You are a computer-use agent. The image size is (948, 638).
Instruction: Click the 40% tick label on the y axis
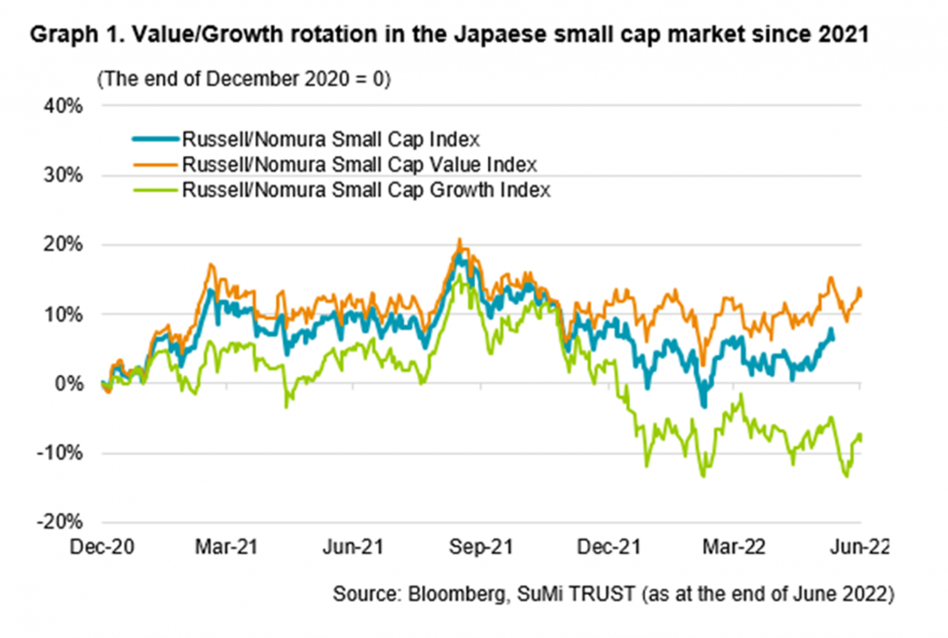point(63,106)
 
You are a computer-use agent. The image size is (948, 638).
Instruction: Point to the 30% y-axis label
point(63,176)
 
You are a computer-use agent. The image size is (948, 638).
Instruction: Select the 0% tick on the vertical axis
point(69,384)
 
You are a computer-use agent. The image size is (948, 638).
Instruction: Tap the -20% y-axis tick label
point(60,522)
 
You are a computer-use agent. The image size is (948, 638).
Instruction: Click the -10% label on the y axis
point(60,453)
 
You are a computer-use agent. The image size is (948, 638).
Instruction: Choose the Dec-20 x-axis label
point(102,547)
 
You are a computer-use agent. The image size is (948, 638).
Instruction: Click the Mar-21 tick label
point(226,547)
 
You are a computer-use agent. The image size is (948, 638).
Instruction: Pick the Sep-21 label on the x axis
point(481,547)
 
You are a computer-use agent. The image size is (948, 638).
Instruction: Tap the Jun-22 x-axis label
point(859,547)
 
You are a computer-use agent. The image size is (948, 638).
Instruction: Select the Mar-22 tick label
point(734,547)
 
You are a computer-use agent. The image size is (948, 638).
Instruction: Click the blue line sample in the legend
point(155,139)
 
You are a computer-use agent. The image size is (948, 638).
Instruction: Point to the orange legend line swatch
point(155,165)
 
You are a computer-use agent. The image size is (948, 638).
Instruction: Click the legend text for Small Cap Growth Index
point(366,190)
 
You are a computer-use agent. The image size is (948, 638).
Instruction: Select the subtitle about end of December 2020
point(244,79)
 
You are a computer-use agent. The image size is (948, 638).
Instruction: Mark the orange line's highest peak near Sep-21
point(459,240)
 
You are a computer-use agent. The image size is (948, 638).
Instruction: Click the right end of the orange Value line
point(860,291)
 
